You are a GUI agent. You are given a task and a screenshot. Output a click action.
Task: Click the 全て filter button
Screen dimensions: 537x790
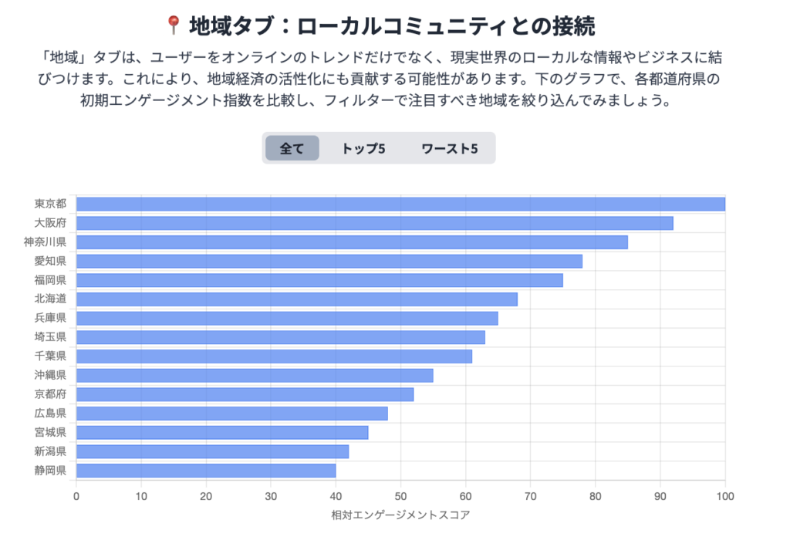coord(292,148)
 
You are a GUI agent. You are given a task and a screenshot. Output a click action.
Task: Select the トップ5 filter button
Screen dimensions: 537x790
coord(363,148)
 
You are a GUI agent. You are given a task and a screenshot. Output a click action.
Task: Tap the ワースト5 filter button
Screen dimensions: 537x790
coord(449,148)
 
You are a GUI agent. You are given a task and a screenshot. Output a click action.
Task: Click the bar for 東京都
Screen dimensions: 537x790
coord(400,204)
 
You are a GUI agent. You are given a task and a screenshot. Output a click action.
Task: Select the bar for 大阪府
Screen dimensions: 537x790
coord(374,223)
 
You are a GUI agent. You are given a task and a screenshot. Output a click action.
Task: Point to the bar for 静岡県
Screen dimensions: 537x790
coord(206,471)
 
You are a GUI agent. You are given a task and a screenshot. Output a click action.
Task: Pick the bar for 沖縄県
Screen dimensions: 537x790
coord(255,376)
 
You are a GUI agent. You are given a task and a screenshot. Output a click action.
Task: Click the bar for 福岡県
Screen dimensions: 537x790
coord(319,280)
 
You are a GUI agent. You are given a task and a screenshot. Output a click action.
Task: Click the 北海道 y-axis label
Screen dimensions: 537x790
coord(50,299)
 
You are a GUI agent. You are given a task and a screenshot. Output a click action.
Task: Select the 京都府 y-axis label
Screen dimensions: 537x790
coord(50,394)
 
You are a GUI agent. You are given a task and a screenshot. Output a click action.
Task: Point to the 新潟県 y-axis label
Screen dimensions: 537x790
coord(50,451)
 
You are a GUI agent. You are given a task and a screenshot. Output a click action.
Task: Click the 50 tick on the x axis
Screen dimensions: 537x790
coord(400,495)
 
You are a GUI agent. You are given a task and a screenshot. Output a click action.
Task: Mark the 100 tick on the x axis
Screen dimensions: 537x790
coord(724,495)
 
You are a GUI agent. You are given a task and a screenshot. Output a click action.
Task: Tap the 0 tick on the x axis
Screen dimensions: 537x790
coord(76,495)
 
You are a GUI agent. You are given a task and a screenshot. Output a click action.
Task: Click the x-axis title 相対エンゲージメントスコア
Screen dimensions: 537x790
coord(400,514)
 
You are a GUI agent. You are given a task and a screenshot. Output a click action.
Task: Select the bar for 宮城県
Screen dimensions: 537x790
coord(222,433)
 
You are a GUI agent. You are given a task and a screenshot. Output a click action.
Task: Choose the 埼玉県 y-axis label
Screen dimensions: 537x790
coord(50,337)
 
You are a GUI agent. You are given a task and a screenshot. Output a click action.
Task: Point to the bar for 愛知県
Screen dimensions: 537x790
coord(329,262)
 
